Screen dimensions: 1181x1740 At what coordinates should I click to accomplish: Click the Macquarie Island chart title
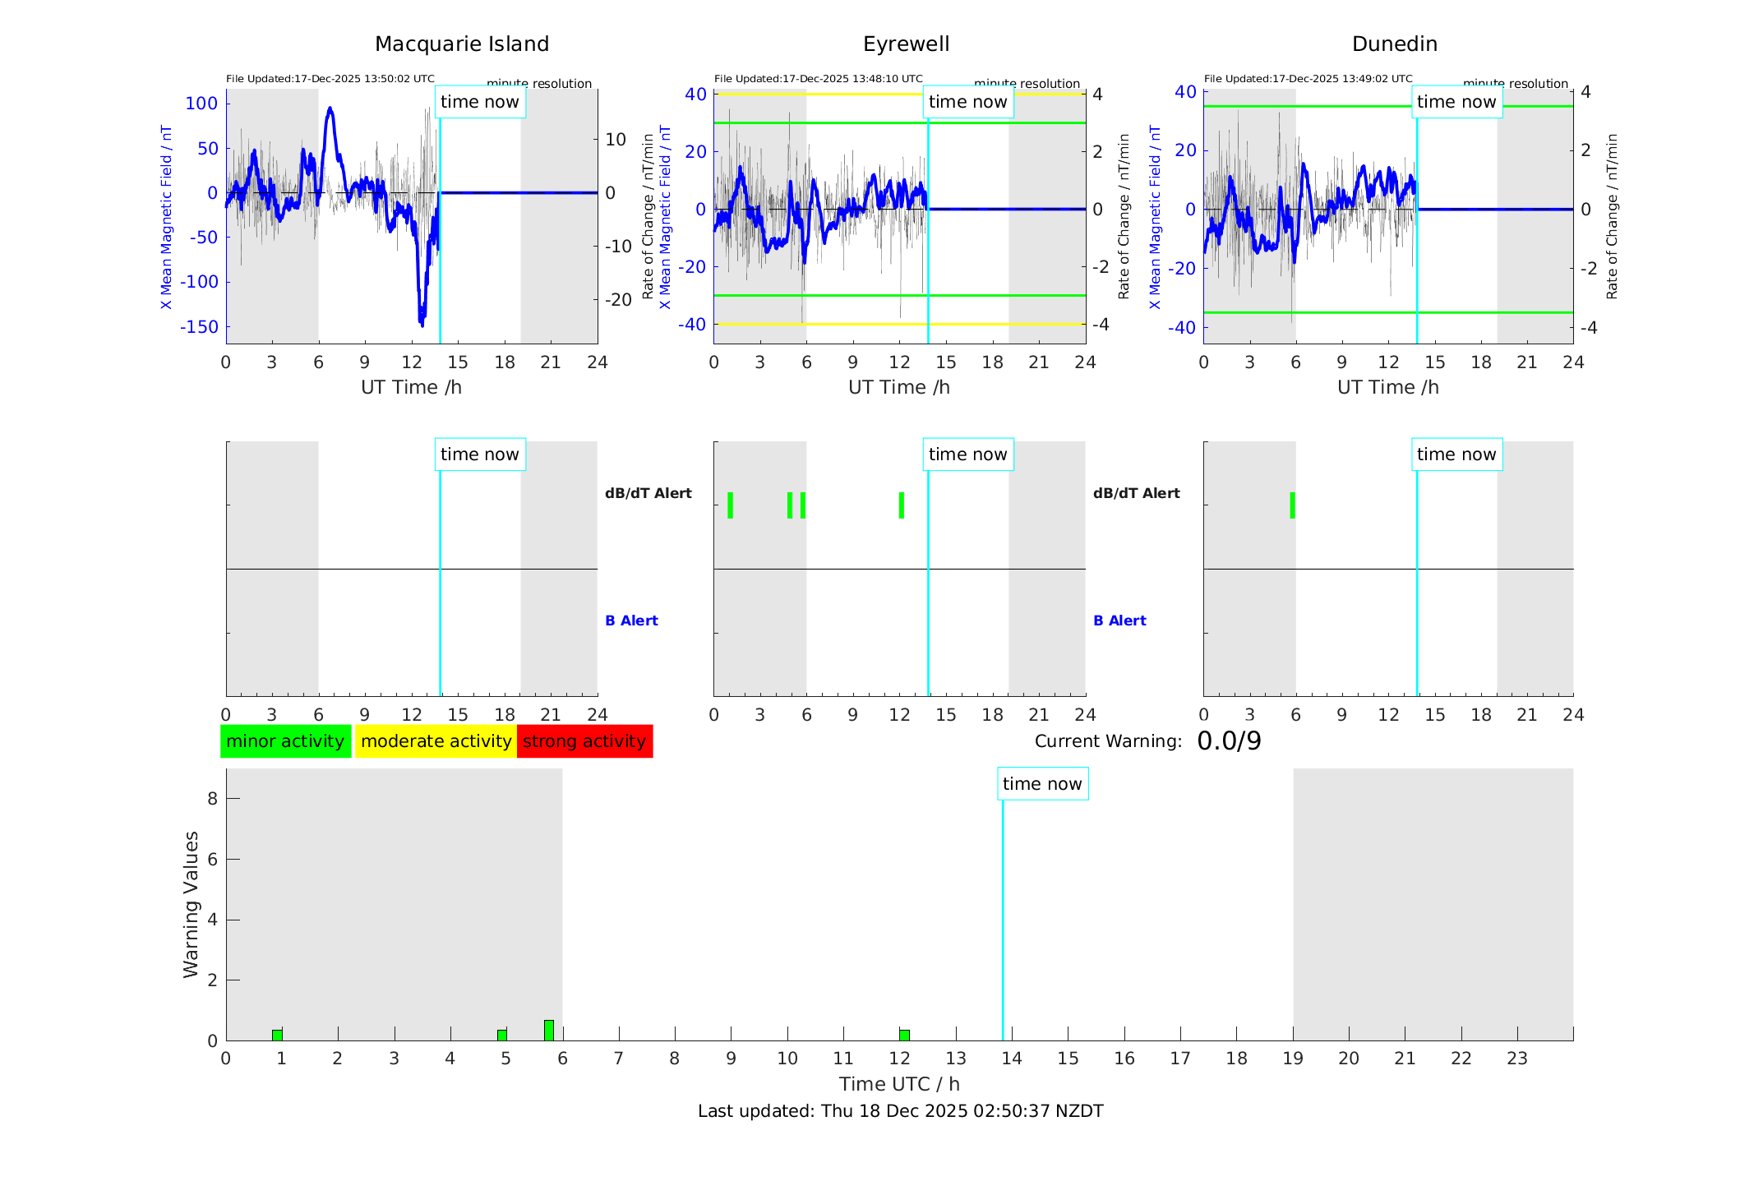(461, 44)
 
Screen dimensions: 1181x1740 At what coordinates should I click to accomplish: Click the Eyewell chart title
(906, 44)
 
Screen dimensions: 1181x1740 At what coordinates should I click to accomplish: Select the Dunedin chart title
(1394, 44)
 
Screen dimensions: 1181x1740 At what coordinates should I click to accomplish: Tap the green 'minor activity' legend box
(285, 741)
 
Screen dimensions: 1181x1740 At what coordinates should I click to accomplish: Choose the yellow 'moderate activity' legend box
(436, 741)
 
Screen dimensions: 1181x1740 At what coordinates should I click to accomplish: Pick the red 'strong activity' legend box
(584, 741)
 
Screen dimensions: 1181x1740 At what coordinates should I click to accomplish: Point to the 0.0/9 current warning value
(1229, 741)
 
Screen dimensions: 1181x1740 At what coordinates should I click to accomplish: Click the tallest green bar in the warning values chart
(549, 1031)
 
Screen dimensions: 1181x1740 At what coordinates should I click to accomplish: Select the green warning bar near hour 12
(904, 1035)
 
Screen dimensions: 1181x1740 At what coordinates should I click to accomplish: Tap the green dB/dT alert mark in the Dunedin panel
(1292, 505)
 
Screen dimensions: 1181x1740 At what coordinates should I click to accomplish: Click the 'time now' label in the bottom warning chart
(1042, 784)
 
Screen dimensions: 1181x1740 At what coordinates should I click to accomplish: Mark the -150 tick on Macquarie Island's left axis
(200, 327)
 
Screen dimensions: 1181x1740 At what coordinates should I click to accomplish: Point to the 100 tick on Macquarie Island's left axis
(202, 104)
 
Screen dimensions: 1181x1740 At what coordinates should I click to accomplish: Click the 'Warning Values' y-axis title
(192, 904)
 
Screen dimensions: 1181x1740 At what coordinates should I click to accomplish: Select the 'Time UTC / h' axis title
(899, 1084)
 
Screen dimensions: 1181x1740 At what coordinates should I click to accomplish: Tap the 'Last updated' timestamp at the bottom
(900, 1111)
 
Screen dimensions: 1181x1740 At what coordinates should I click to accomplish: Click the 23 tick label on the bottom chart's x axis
(1516, 1059)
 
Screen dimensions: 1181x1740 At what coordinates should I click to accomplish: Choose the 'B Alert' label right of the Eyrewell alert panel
(1119, 620)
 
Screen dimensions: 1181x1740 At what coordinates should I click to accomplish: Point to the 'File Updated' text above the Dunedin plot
(1308, 79)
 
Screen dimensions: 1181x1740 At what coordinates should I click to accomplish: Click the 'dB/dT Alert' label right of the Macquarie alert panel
(648, 493)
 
